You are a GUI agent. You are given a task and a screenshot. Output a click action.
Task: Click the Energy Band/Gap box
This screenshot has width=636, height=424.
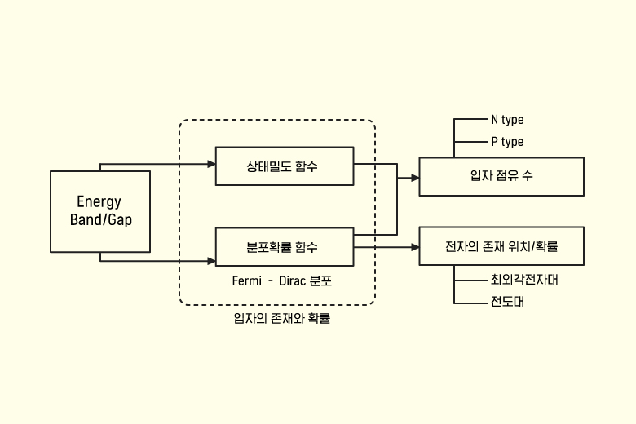(x=100, y=211)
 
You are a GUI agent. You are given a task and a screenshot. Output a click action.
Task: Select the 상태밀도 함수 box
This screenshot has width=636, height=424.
(x=284, y=166)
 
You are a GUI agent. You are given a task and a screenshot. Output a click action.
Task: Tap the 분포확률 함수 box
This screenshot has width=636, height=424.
(x=284, y=247)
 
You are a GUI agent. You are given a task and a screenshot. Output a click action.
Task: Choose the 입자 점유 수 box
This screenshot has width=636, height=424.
(x=501, y=176)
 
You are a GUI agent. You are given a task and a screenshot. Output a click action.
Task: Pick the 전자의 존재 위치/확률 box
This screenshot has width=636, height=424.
(x=501, y=245)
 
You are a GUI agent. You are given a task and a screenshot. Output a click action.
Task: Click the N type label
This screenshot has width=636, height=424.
(x=507, y=120)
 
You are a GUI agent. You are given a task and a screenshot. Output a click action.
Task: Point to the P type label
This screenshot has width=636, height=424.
(x=507, y=142)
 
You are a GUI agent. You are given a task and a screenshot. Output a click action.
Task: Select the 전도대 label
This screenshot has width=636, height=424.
(x=506, y=302)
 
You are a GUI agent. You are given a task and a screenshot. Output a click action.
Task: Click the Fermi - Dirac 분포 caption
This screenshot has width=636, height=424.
(x=282, y=281)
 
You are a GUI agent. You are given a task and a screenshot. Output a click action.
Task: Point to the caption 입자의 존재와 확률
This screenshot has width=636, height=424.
(x=281, y=319)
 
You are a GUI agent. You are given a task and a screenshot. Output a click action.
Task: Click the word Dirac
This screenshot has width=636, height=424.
(x=293, y=281)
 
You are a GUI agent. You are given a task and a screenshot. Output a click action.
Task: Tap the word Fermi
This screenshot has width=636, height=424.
(x=247, y=281)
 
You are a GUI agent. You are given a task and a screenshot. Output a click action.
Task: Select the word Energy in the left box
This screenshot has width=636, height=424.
(x=99, y=201)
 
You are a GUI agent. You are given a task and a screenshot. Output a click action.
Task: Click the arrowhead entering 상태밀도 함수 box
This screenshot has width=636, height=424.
(x=211, y=164)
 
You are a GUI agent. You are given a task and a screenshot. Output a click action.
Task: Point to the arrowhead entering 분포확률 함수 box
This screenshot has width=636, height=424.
(x=211, y=261)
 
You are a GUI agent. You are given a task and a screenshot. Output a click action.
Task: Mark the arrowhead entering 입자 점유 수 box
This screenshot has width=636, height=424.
(x=415, y=176)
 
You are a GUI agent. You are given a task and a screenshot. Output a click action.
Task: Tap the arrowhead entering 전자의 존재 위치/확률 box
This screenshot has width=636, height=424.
(x=415, y=247)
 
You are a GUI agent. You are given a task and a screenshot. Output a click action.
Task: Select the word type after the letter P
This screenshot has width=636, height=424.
(x=512, y=142)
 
